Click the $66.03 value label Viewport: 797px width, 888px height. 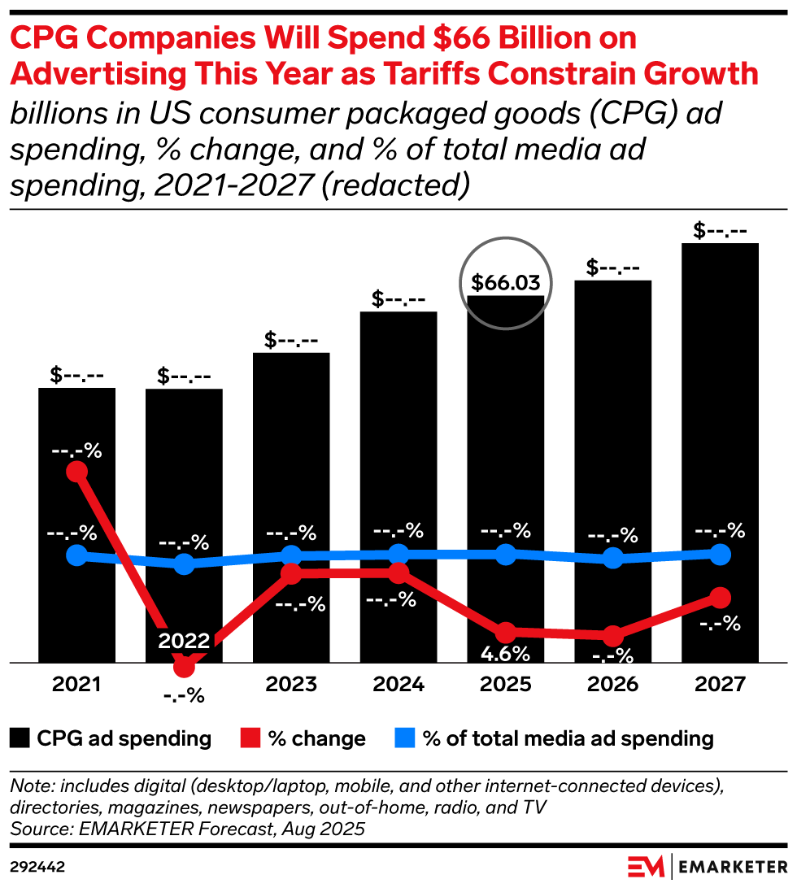pyautogui.click(x=506, y=283)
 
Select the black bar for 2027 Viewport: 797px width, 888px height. pyautogui.click(x=720, y=407)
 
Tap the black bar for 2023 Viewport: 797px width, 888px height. pyautogui.click(x=291, y=455)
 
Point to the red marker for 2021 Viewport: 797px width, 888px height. pyautogui.click(x=77, y=472)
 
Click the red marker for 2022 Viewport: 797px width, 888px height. pyautogui.click(x=185, y=667)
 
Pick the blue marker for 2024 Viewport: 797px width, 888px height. pyautogui.click(x=398, y=555)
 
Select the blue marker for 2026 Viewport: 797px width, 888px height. pyautogui.click(x=613, y=558)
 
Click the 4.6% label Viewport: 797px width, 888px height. pyautogui.click(x=506, y=653)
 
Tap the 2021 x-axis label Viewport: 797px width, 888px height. pyautogui.click(x=76, y=685)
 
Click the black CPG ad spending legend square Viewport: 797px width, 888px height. pyautogui.click(x=20, y=738)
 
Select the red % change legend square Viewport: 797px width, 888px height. pyautogui.click(x=251, y=738)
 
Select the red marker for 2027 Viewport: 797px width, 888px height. pyautogui.click(x=720, y=598)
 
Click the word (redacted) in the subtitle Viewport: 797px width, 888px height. pyautogui.click(x=395, y=185)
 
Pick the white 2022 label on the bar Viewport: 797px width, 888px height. pyautogui.click(x=184, y=641)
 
